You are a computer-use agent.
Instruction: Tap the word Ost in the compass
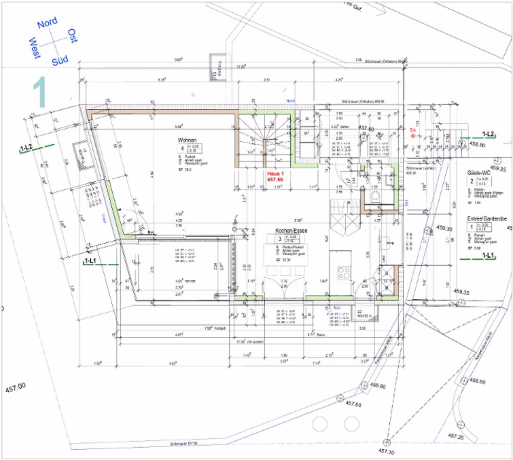pos(72,36)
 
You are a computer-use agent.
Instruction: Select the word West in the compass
pos(35,48)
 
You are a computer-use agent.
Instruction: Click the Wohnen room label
pos(187,140)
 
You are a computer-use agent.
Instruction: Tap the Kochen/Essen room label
pos(291,231)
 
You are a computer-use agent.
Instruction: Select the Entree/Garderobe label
pos(487,219)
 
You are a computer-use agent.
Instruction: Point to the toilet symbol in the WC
pos(374,199)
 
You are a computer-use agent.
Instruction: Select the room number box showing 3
pos(280,239)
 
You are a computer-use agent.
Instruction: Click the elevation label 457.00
pos(14,388)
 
